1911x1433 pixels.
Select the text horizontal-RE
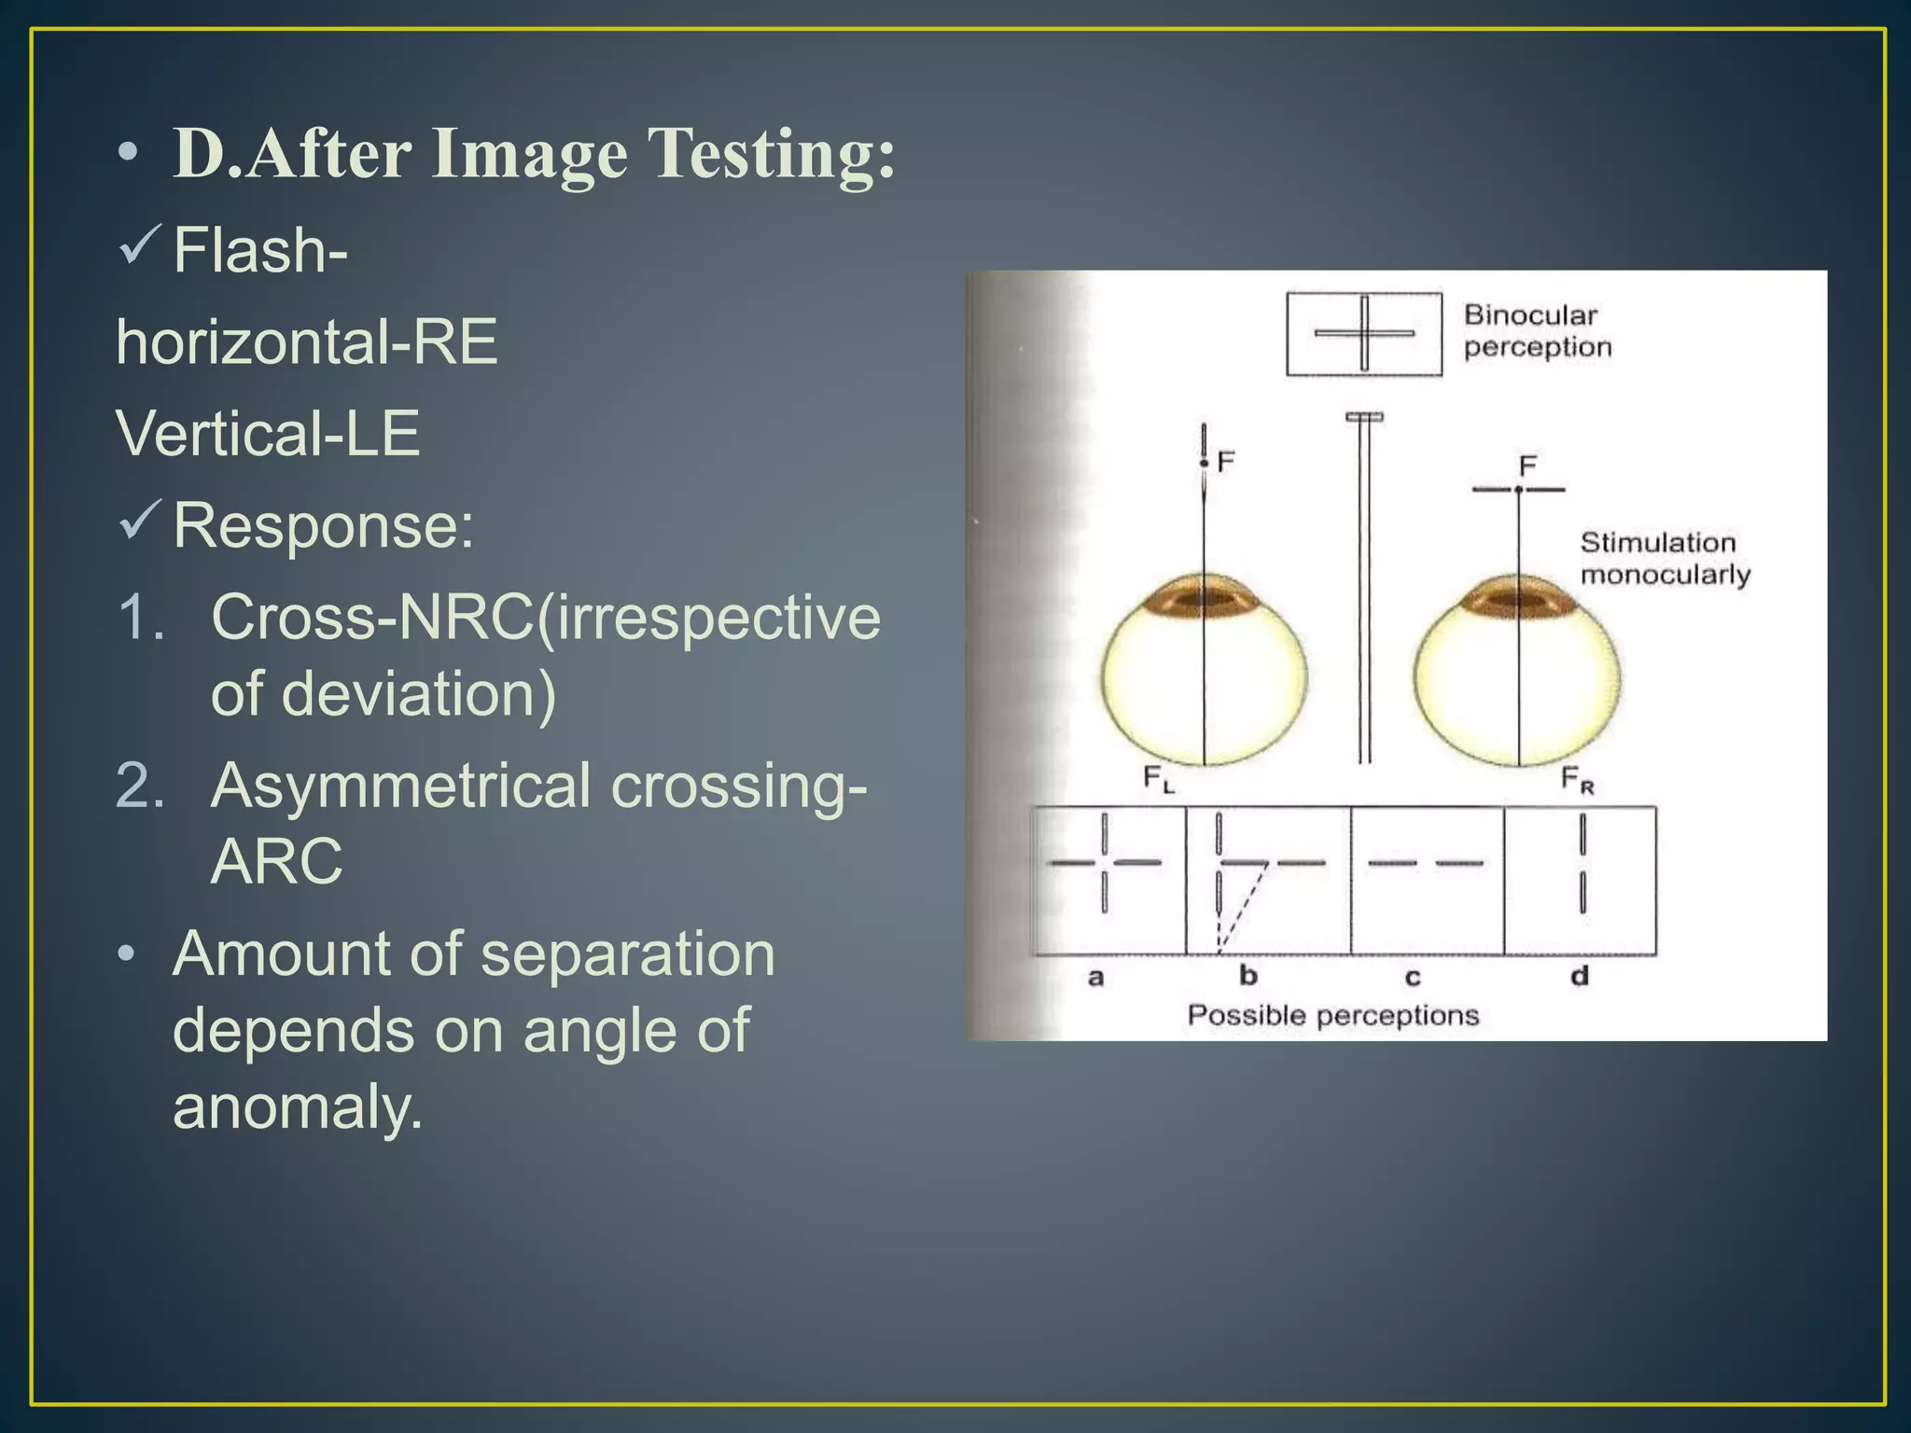coord(307,341)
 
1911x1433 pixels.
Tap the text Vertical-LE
coord(268,434)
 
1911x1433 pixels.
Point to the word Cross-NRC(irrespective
coord(546,618)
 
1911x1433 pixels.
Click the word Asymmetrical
coord(400,786)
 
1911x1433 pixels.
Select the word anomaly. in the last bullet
coord(298,1106)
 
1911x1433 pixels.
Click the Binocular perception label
coord(1537,330)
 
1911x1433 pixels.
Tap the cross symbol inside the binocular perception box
coord(1363,333)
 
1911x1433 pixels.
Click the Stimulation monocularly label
coord(1664,558)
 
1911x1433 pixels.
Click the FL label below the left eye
coord(1158,778)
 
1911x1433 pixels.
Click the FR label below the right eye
coord(1577,780)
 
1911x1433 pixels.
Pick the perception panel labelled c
coord(1427,880)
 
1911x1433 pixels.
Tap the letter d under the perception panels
coord(1579,977)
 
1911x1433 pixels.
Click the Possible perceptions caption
coord(1332,1015)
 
